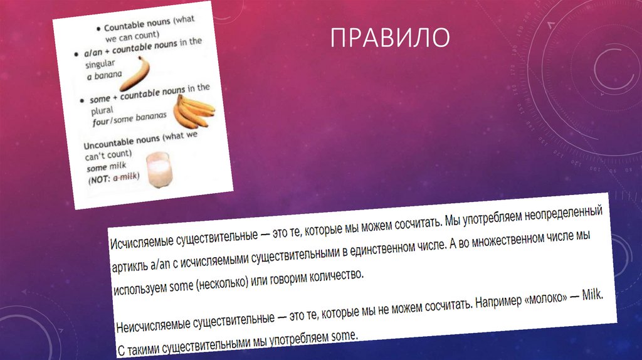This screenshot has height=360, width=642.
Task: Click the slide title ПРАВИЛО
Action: tap(390, 37)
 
